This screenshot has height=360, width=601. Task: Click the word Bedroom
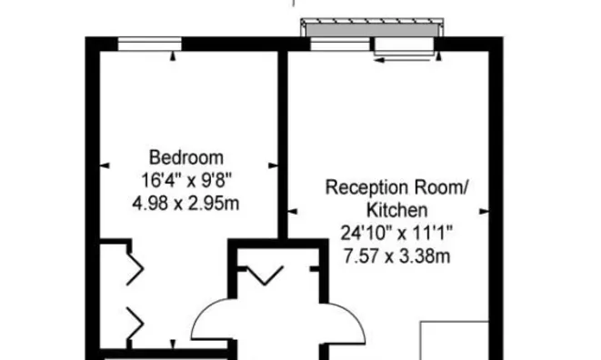(x=186, y=156)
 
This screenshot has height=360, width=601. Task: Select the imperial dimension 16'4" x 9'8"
(x=186, y=179)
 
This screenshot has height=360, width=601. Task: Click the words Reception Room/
(x=398, y=188)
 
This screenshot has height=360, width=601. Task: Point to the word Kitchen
(x=398, y=211)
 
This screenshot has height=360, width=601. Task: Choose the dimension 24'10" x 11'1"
(x=398, y=234)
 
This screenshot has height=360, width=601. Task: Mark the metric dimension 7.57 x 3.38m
(x=398, y=256)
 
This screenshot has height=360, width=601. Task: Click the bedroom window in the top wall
(x=149, y=42)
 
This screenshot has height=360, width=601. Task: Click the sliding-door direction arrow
(x=399, y=61)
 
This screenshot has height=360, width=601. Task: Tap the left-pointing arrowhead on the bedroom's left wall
(x=104, y=165)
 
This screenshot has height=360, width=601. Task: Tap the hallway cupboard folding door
(x=266, y=273)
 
